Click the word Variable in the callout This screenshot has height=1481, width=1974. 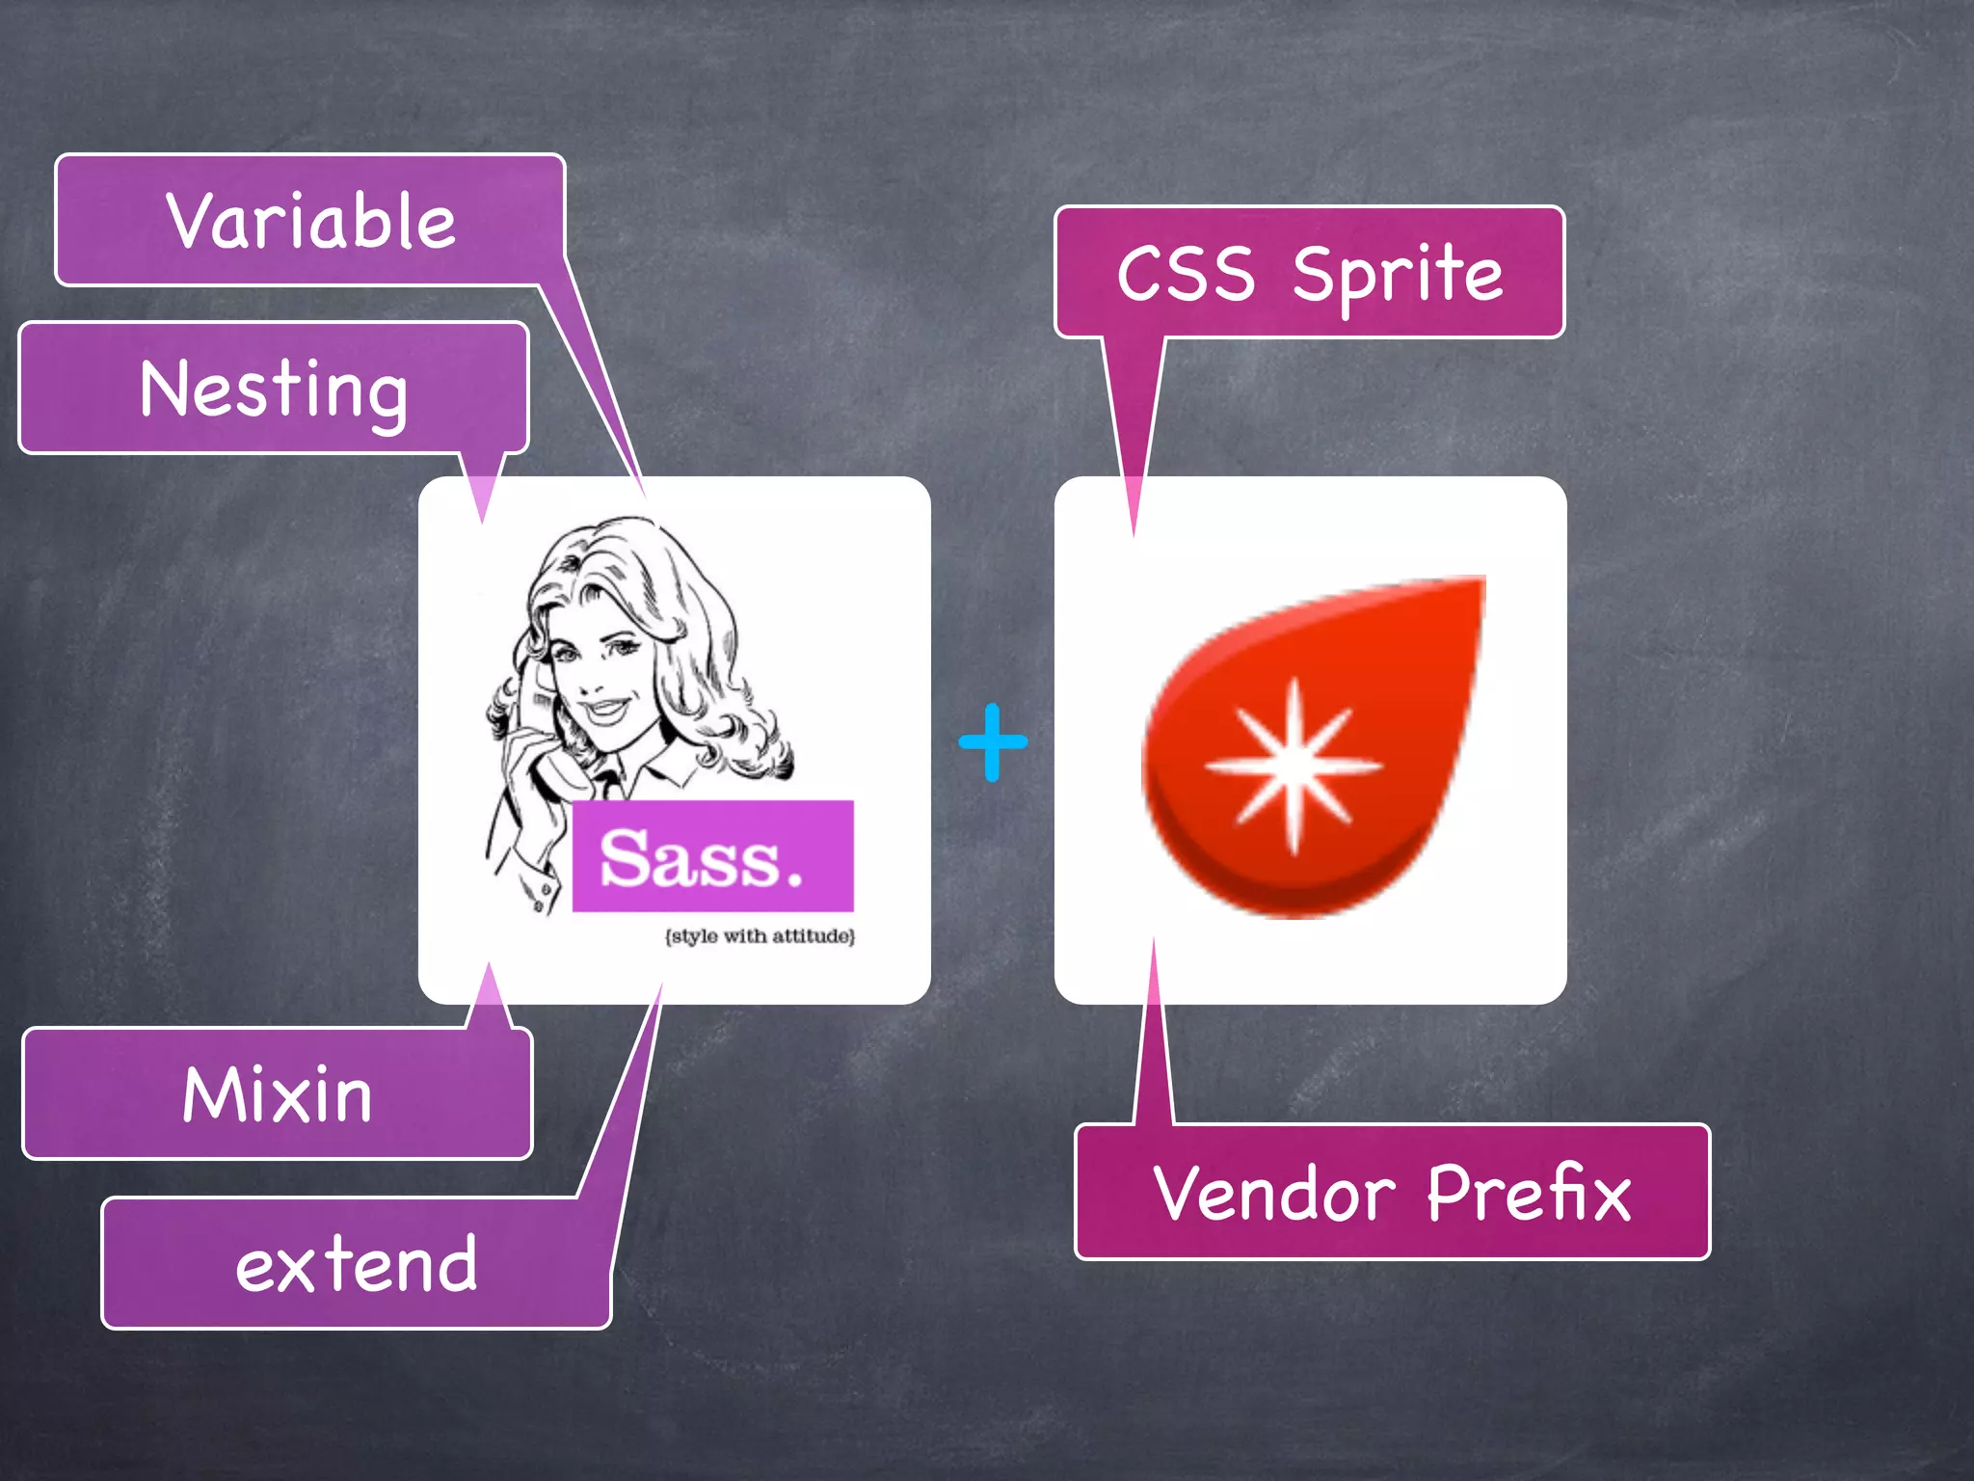pyautogui.click(x=310, y=221)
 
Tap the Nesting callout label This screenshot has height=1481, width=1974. pyautogui.click(x=274, y=390)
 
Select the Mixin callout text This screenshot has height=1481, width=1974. pyautogui.click(x=278, y=1095)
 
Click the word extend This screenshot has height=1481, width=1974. pyautogui.click(x=357, y=1264)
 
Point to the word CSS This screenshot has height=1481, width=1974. pyautogui.click(x=1186, y=274)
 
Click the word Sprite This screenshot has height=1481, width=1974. pyautogui.click(x=1398, y=275)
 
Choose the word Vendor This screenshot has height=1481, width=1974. pyautogui.click(x=1274, y=1194)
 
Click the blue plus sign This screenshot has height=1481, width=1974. pyautogui.click(x=993, y=741)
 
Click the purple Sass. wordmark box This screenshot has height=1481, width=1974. pyautogui.click(x=712, y=856)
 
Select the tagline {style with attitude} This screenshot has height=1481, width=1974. pyautogui.click(x=760, y=936)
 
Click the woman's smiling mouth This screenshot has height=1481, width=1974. pyautogui.click(x=605, y=712)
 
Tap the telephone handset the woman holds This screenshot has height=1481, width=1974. pyautogui.click(x=540, y=733)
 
